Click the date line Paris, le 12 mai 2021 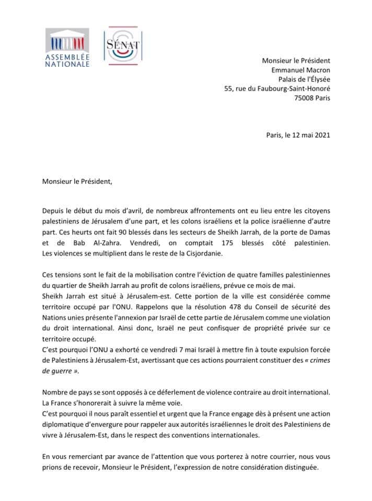click(x=298, y=135)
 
